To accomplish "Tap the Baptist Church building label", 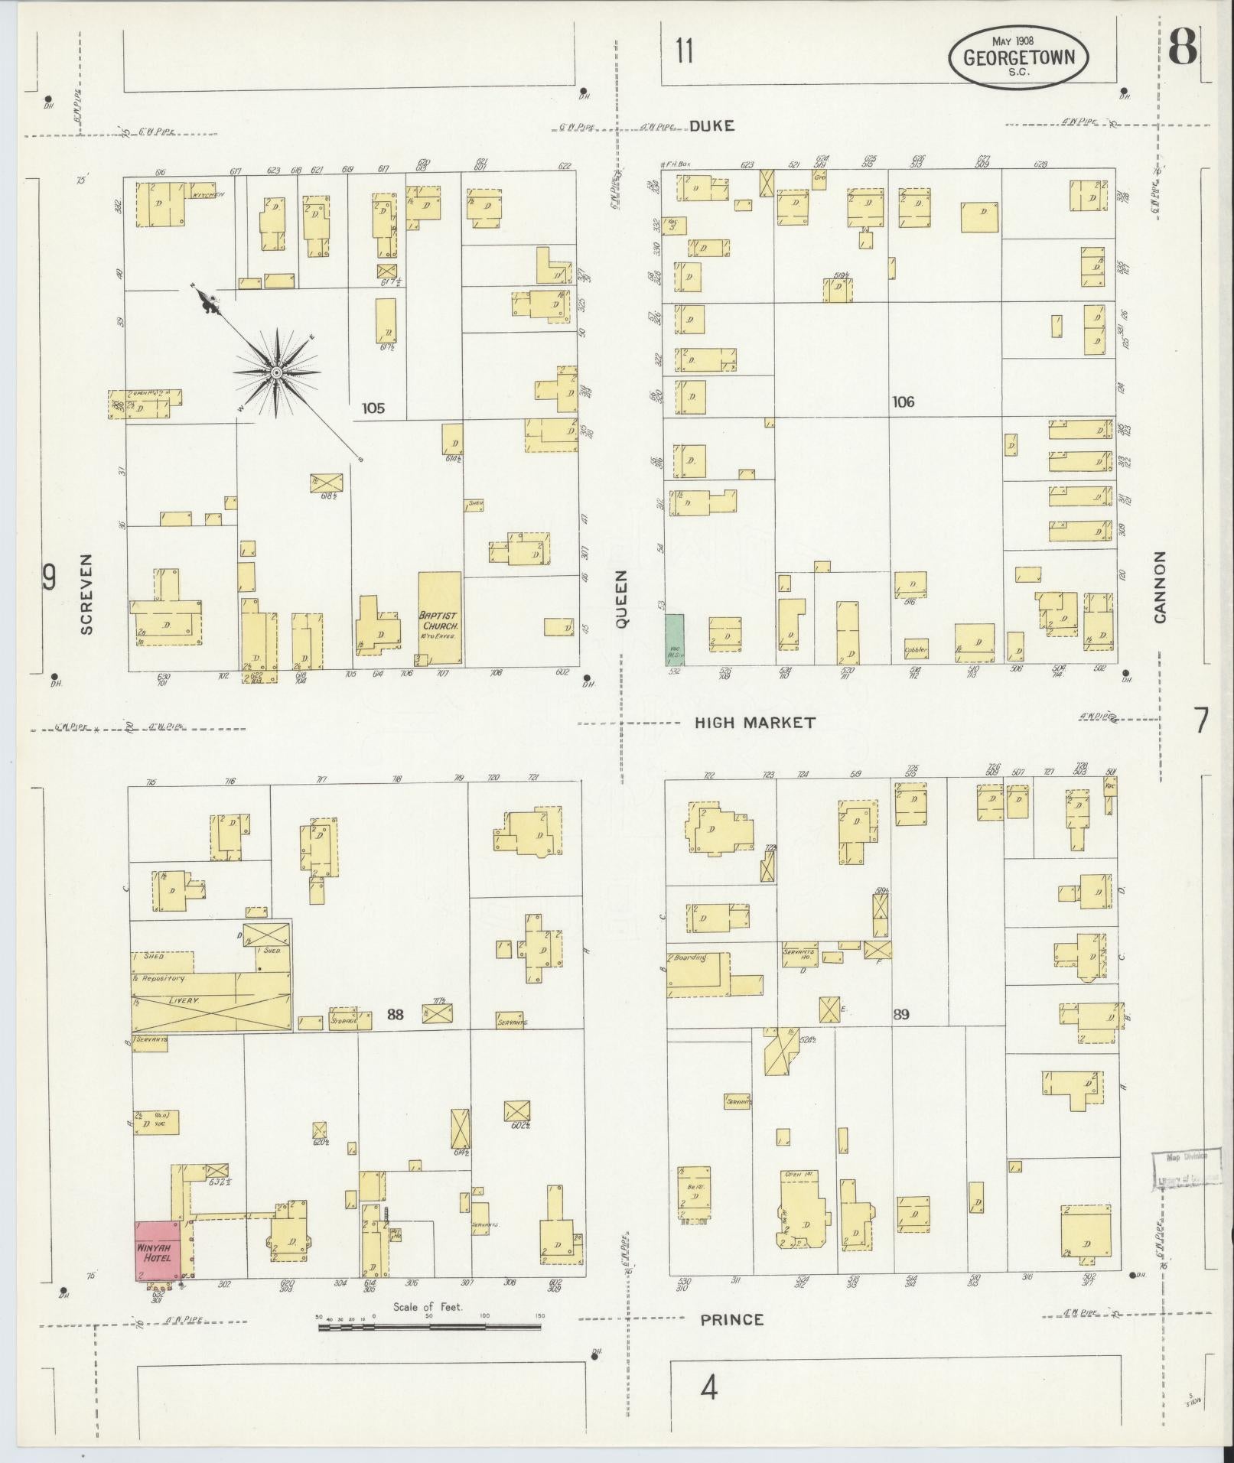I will (x=437, y=619).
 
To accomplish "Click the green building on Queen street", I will (x=674, y=639).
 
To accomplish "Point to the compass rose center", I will (x=275, y=372).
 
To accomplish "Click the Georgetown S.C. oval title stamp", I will (x=1018, y=57).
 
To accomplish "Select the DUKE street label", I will (x=711, y=126).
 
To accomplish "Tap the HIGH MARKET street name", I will (x=754, y=722).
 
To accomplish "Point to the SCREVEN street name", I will (x=86, y=593).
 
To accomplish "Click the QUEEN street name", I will (x=621, y=599).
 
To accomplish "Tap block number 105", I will (x=373, y=408).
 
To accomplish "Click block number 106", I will (x=903, y=402).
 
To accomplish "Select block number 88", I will (x=395, y=1015).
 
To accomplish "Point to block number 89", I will (x=901, y=1015).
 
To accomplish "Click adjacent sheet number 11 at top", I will (x=684, y=52).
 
